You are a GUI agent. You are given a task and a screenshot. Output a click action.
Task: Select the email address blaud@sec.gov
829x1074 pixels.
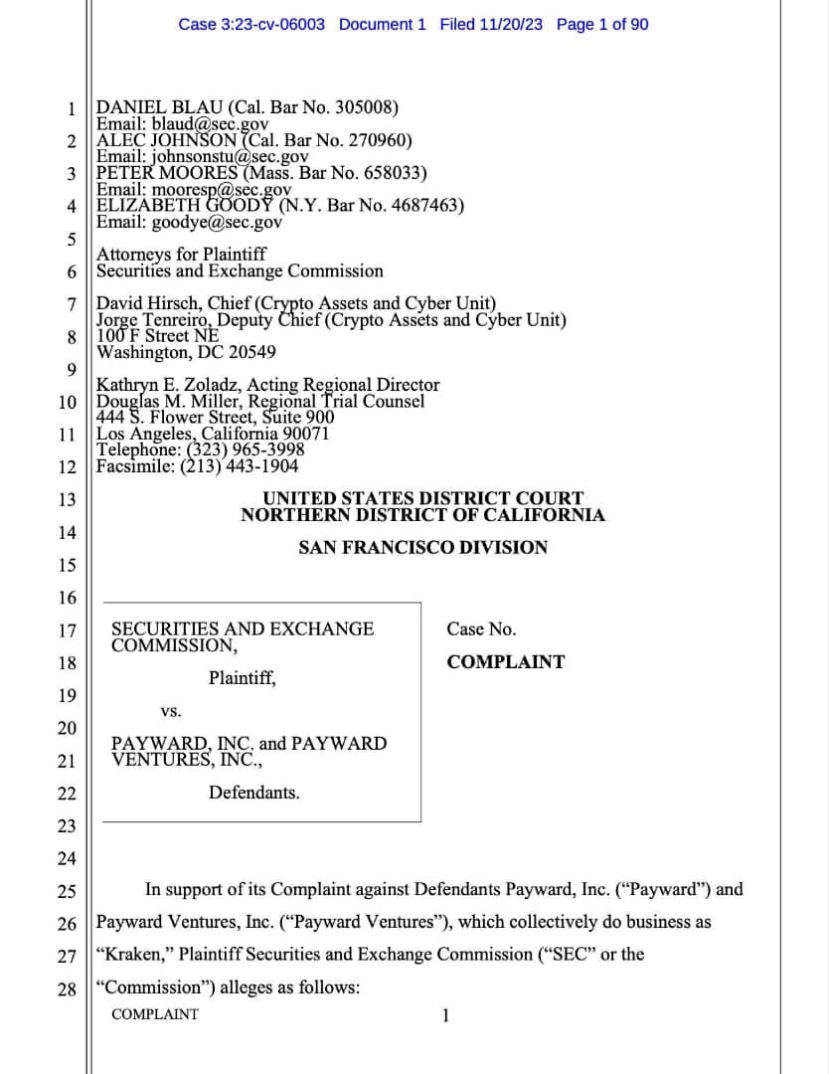point(211,124)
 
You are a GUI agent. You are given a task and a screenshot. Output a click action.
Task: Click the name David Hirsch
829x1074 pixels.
point(141,303)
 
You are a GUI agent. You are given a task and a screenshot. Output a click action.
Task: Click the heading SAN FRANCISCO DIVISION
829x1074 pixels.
point(422,547)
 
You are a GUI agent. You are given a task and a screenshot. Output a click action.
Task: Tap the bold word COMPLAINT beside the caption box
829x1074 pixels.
point(505,662)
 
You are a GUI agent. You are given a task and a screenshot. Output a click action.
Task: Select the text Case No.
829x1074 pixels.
point(481,629)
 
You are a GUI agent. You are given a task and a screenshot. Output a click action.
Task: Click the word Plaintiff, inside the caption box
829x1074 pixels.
point(243,679)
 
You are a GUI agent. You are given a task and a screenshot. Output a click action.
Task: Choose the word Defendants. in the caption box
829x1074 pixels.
point(253,793)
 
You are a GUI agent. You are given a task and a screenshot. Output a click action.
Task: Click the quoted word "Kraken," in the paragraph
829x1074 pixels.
point(133,955)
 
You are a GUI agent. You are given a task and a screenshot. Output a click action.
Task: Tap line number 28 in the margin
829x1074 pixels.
point(67,988)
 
